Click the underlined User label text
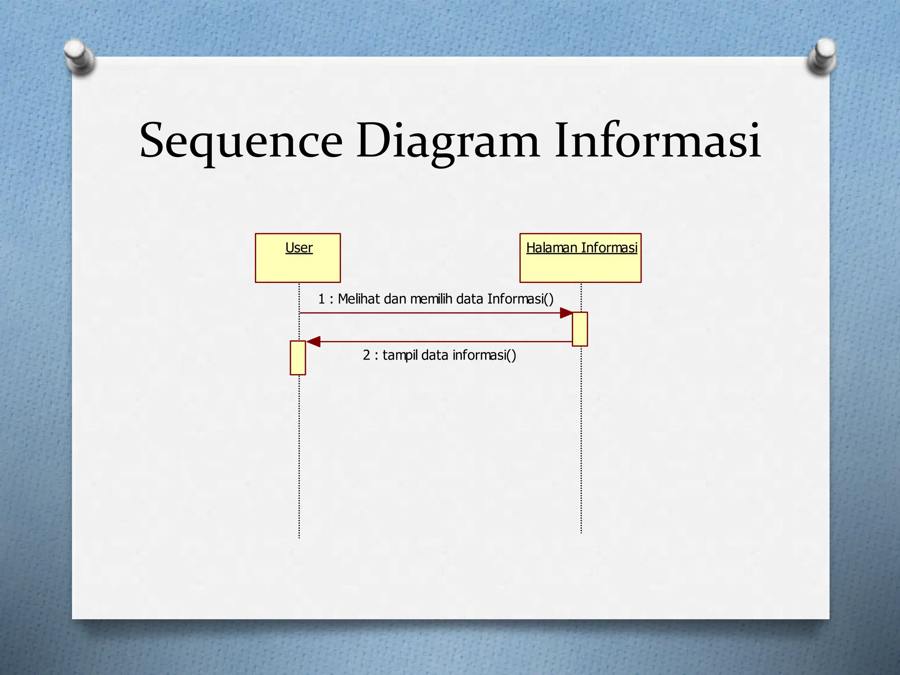[299, 248]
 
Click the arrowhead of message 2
[314, 341]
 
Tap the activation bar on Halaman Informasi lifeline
[580, 329]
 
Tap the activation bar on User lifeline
[298, 358]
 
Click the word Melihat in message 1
[359, 299]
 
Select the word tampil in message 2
[400, 355]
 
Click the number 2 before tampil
[367, 355]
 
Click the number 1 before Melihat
[321, 299]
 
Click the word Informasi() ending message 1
[520, 299]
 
